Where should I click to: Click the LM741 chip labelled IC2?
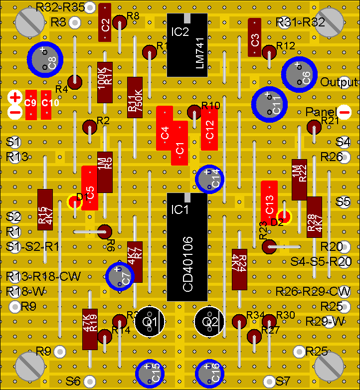tap(187, 45)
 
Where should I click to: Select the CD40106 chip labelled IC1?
tap(187, 247)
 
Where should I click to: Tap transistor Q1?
tap(150, 321)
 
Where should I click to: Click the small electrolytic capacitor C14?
tap(209, 179)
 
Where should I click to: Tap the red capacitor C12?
tap(209, 128)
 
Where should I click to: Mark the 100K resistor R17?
tap(105, 82)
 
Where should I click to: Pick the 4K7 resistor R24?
tap(239, 269)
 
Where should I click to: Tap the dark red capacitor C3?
tap(254, 38)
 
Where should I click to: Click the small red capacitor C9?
tap(31, 104)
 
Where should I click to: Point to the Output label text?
tap(339, 82)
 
